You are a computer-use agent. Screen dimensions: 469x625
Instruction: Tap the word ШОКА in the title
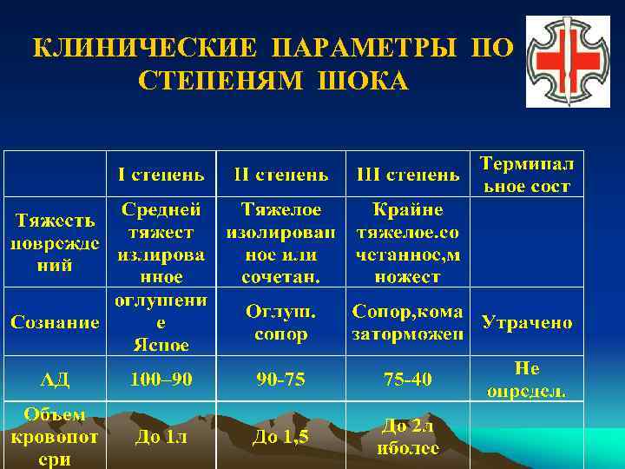coord(364,80)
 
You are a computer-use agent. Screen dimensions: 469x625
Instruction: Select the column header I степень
coord(161,175)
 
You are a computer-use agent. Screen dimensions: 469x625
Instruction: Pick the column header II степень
coord(281,175)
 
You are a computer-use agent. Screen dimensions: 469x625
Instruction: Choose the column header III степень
coord(408,175)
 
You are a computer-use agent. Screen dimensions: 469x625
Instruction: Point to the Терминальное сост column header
coord(526,175)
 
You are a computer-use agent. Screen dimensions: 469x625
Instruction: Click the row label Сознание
coord(55,322)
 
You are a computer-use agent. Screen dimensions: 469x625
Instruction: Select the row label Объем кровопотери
coord(55,437)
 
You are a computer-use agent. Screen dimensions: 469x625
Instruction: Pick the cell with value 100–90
coord(161,379)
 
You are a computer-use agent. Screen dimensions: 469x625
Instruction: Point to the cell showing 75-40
coord(408,379)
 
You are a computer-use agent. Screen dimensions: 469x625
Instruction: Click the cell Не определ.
coord(526,379)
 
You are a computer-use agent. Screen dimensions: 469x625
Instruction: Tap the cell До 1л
coord(161,437)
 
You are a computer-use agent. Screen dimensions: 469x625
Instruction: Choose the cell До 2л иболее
coord(408,437)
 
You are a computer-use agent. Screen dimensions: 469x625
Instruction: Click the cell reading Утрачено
coord(526,323)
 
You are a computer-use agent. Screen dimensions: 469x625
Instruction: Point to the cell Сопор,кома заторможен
coord(408,322)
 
